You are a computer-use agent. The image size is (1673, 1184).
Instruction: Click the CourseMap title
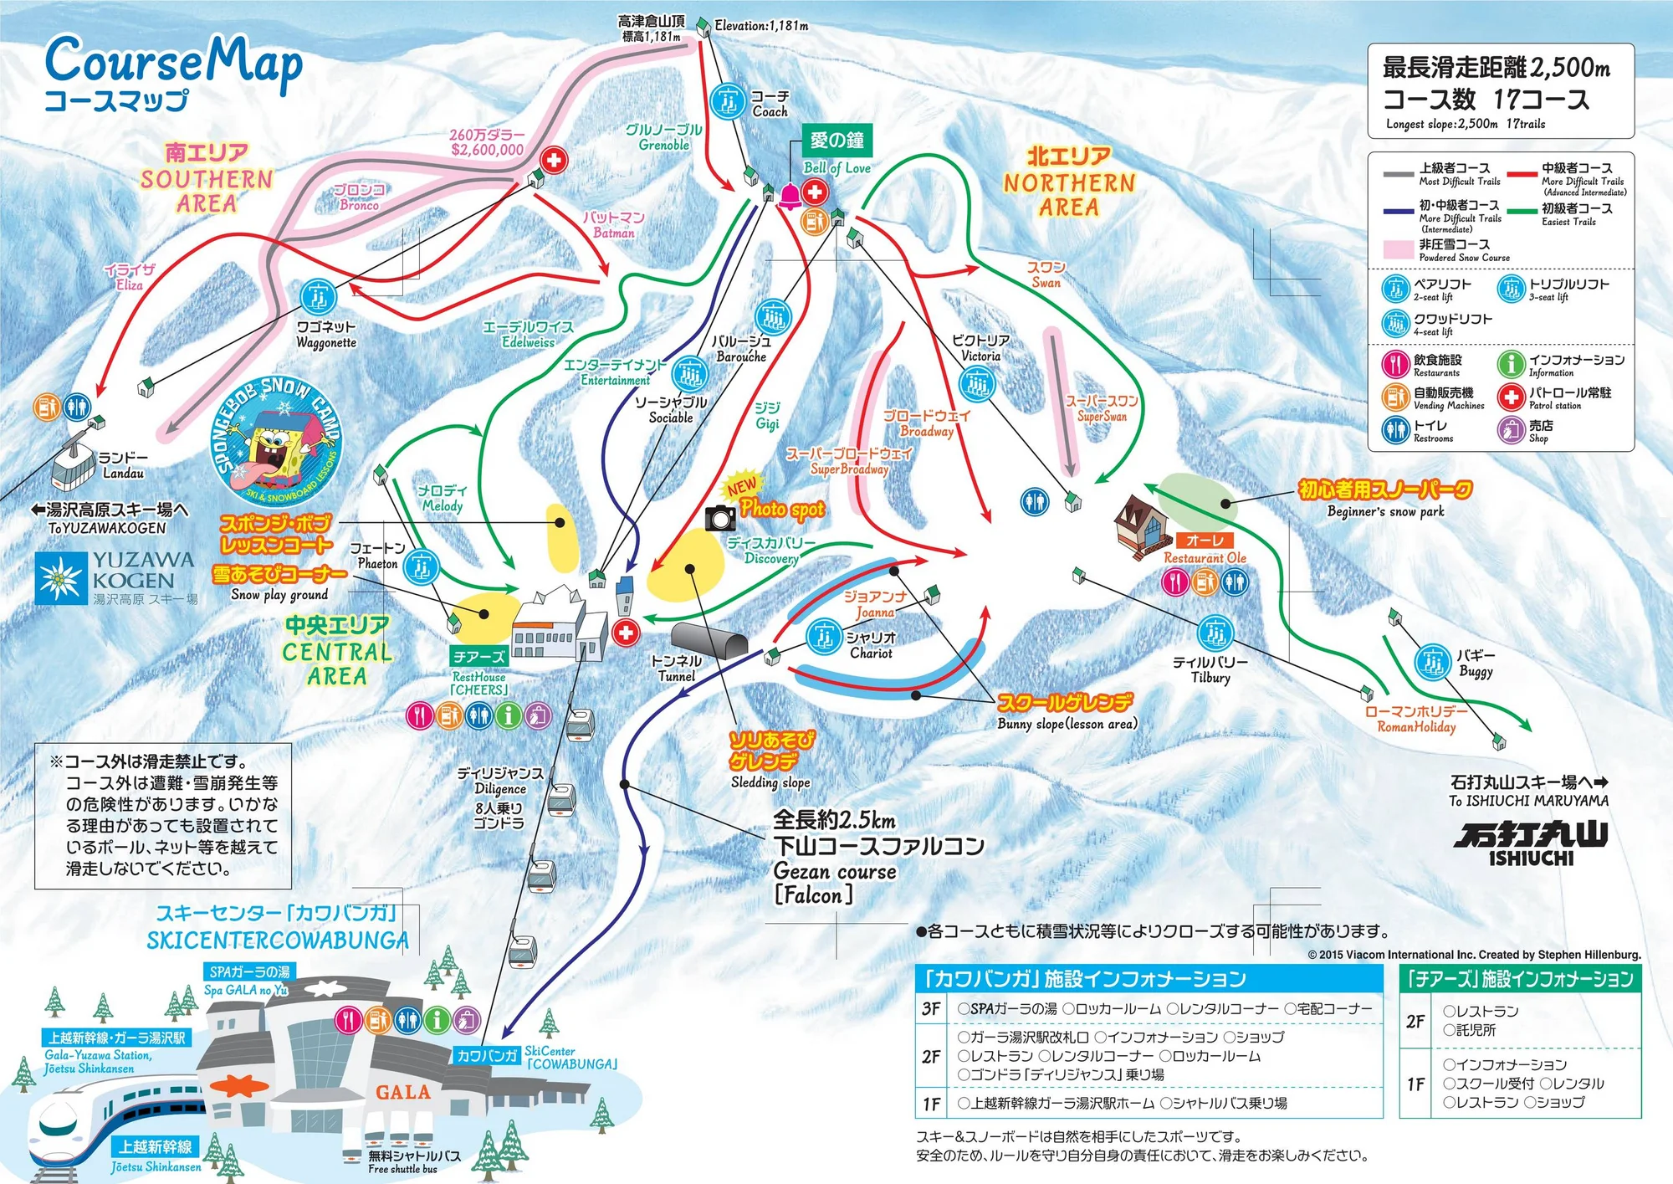coord(173,63)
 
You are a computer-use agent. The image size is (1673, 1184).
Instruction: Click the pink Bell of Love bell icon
coord(790,197)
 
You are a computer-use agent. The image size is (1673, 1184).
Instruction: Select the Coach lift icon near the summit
coord(728,102)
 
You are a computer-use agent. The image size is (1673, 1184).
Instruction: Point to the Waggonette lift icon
coord(319,296)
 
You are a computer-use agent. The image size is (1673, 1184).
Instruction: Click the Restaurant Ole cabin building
coord(1142,525)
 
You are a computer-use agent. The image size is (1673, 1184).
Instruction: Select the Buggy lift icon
coord(1432,662)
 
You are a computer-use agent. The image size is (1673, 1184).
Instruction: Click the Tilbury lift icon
coord(1215,633)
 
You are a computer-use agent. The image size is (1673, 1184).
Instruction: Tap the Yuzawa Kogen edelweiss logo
coord(61,578)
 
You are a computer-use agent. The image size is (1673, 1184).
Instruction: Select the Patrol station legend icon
coord(1511,397)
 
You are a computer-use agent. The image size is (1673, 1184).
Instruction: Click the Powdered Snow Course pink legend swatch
coord(1399,249)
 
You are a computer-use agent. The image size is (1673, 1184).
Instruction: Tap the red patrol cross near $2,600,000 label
coord(553,159)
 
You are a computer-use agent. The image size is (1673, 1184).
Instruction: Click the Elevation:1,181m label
coord(761,26)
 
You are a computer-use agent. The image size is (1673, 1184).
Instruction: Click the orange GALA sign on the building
coord(402,1092)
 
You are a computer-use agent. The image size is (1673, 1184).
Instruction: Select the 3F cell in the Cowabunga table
coord(931,1009)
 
